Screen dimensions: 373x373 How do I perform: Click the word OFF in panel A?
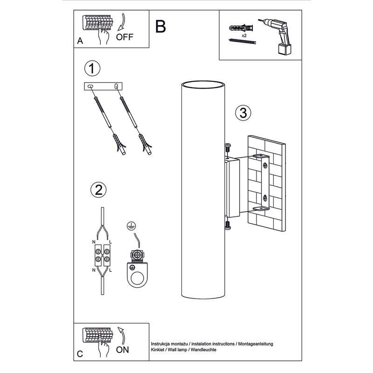click(x=124, y=37)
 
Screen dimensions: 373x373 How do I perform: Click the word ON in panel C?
click(x=123, y=350)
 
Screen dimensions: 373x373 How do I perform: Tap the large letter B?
click(x=160, y=27)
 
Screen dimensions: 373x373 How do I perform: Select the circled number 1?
click(x=92, y=68)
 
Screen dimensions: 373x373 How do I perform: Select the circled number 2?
click(x=98, y=190)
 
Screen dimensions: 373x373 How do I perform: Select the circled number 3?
click(x=243, y=113)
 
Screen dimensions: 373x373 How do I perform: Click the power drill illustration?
click(x=276, y=36)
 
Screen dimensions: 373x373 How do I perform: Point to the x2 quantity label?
click(x=244, y=36)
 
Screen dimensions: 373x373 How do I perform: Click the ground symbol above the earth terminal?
click(x=131, y=225)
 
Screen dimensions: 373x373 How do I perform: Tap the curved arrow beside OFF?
click(x=122, y=22)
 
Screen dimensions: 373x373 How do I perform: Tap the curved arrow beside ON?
click(x=122, y=336)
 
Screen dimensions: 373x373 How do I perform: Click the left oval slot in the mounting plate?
click(x=90, y=86)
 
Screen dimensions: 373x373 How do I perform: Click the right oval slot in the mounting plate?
click(x=116, y=86)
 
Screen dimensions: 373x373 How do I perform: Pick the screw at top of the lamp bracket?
click(x=228, y=148)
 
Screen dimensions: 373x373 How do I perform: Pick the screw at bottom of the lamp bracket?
click(x=228, y=225)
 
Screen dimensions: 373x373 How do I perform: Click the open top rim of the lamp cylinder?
click(x=203, y=84)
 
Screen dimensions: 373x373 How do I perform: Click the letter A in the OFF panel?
click(x=80, y=41)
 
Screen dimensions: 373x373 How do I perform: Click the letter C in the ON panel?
click(x=80, y=354)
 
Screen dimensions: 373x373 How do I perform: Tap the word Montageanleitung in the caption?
click(x=256, y=344)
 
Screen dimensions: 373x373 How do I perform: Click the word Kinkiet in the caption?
click(x=158, y=350)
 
